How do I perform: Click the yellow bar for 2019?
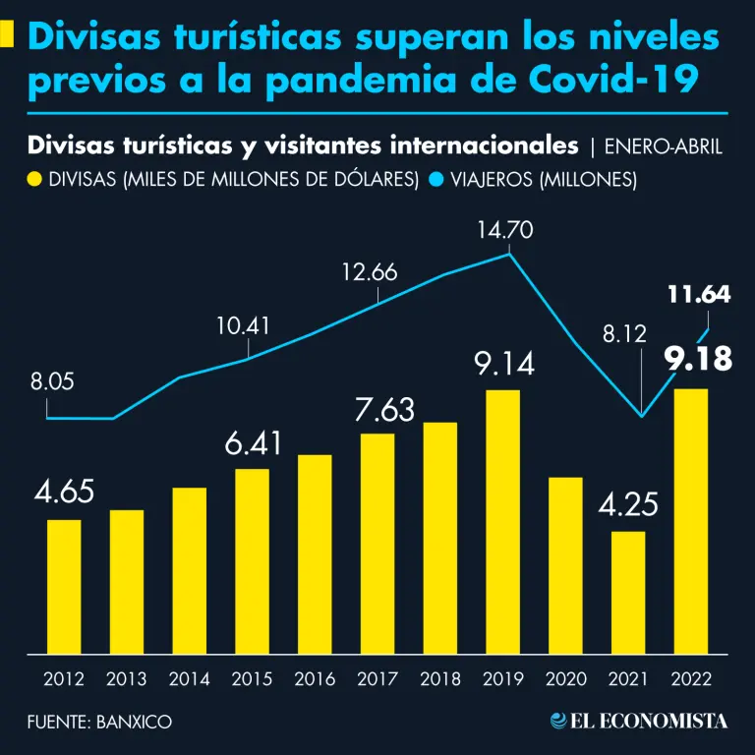tap(503, 521)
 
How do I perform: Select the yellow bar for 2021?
tap(627, 592)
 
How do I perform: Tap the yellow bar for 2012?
tap(64, 586)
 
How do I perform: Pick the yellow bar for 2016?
tap(315, 553)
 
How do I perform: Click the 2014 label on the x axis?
tap(190, 678)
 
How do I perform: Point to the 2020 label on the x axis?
tap(564, 678)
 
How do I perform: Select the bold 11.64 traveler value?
tap(698, 294)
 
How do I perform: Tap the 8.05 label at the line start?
tap(52, 382)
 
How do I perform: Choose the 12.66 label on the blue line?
tap(370, 272)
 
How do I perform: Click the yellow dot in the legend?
tap(35, 180)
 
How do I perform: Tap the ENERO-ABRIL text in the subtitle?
tap(663, 147)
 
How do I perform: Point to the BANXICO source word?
tap(135, 722)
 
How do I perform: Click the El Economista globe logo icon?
tap(557, 721)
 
